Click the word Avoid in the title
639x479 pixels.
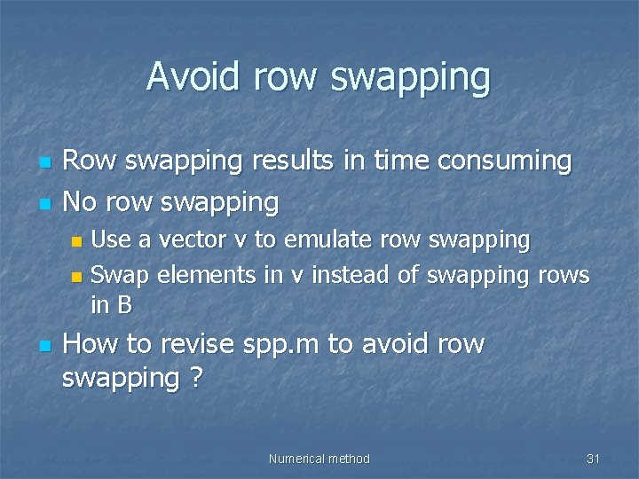(x=193, y=76)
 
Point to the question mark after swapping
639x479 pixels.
(x=194, y=379)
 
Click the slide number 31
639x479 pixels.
(x=594, y=459)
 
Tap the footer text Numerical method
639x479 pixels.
(x=319, y=459)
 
